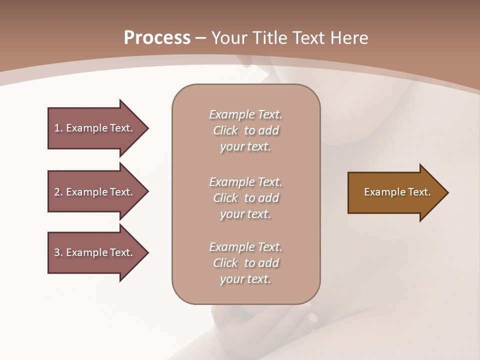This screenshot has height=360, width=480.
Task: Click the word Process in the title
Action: [157, 38]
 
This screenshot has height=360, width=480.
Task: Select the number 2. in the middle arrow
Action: [58, 192]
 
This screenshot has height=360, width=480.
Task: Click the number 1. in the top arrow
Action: [58, 128]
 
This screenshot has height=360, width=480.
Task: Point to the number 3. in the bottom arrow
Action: [58, 252]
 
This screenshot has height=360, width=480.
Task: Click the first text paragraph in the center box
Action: [245, 130]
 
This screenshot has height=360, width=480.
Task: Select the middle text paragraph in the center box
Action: [245, 197]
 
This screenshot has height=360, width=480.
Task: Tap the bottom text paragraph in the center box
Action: [245, 263]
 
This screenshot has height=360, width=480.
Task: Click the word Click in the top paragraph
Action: [225, 130]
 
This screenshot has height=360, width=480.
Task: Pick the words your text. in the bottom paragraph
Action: [245, 279]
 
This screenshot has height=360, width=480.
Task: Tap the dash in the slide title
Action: [201, 38]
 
